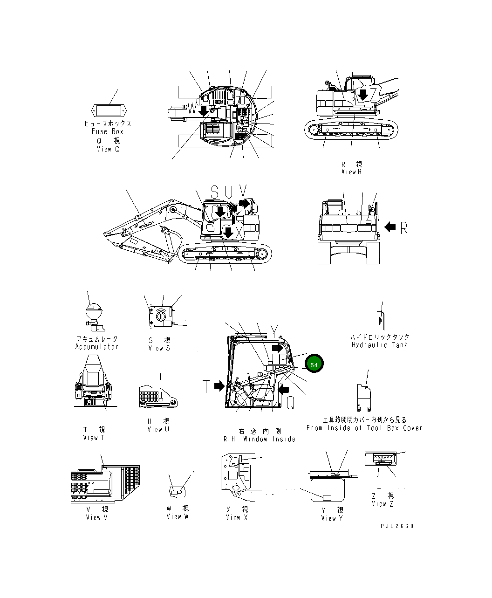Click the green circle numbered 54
coord(314,364)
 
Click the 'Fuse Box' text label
coord(108,132)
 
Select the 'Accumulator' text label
coord(97,347)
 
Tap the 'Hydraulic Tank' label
coord(379,345)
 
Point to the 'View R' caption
coord(351,172)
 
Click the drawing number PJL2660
coord(396,526)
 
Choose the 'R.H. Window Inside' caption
coord(260,439)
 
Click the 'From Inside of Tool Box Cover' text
coord(364,428)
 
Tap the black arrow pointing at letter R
coord(390,227)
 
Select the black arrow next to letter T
coord(219,386)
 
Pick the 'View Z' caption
coord(383,504)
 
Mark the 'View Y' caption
coord(332,518)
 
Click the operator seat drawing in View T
coord(94,380)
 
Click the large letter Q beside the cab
coord(290,403)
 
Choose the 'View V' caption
coord(96,517)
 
